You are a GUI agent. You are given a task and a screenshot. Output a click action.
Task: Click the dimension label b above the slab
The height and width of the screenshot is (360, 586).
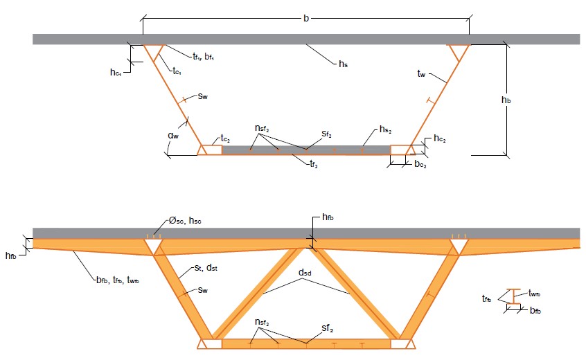pos(306,17)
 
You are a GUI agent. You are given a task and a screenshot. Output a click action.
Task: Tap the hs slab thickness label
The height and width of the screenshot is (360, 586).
pos(343,64)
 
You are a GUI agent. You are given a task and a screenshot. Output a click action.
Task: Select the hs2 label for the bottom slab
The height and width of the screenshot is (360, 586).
pos(387,130)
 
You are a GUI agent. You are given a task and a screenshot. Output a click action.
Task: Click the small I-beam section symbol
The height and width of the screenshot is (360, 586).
pos(512,296)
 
